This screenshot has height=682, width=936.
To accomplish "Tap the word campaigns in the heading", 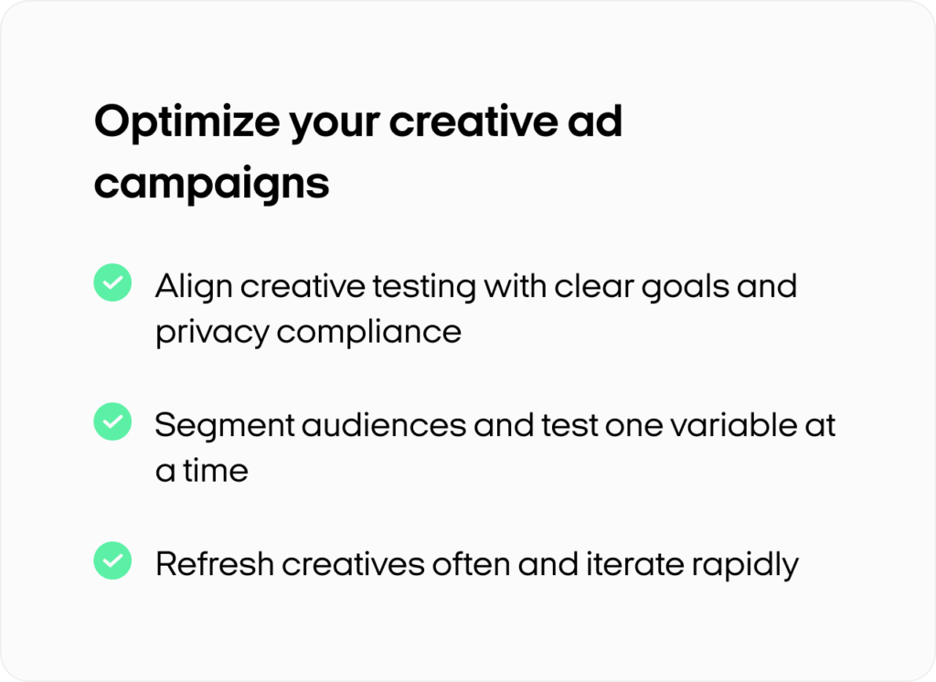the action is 212,184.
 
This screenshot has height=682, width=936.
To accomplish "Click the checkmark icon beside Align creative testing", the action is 112,282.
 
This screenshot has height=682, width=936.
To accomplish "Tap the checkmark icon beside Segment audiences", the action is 112,421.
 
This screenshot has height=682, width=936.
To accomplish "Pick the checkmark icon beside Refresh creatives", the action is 112,560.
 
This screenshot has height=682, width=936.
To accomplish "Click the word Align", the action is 194,287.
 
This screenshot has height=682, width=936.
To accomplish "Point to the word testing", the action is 424,287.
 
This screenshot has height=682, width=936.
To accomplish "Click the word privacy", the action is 212,333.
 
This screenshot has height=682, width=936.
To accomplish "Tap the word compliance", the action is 369,333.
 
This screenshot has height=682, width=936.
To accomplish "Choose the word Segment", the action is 225,426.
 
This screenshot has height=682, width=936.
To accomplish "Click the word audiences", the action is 384,425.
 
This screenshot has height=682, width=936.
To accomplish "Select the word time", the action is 216,471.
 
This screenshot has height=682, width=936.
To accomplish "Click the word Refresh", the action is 214,564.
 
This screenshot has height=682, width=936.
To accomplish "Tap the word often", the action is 471,564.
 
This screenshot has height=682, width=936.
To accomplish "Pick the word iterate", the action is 634,564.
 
